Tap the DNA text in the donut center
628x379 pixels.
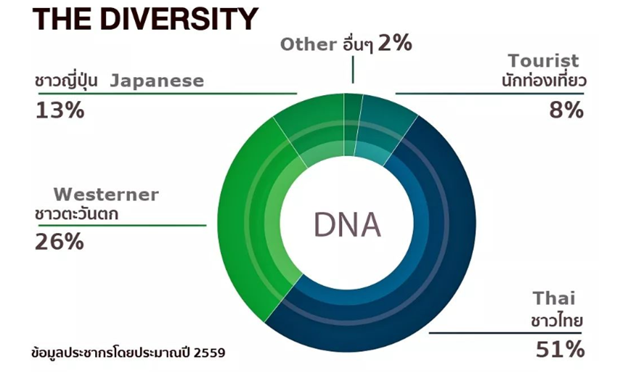pos(347,225)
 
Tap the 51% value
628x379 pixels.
pos(560,349)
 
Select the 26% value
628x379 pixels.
pos(60,242)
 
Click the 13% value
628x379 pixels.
pos(60,110)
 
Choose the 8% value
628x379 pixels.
pos(566,110)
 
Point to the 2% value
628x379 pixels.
pos(394,43)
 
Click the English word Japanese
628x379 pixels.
pos(157,81)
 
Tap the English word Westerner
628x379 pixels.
pos(106,195)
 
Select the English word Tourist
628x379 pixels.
pos(543,61)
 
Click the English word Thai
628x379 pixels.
pos(554,298)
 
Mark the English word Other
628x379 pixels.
pos(309,44)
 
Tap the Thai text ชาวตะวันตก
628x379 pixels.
pos(76,214)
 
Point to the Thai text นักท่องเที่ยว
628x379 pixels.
pos(544,81)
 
